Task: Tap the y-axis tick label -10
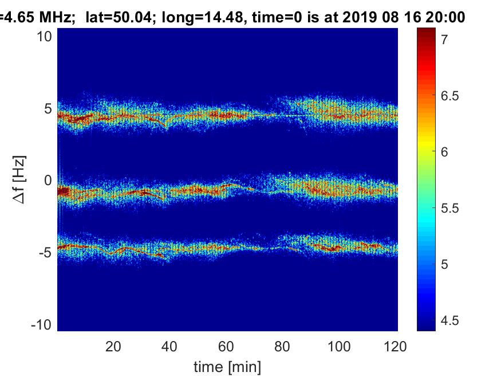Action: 42,324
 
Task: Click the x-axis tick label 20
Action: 113,346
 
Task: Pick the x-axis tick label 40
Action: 170,346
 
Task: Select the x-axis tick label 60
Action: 227,346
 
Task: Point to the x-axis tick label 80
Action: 283,346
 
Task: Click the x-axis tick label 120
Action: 396,346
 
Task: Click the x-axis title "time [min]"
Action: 227,366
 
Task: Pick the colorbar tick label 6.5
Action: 450,96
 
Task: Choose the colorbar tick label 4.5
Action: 450,320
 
